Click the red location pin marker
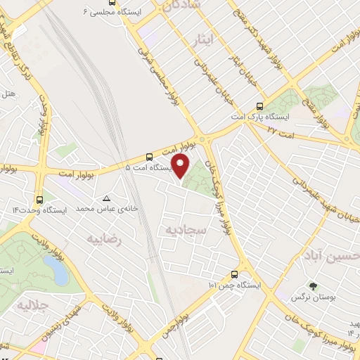(x=181, y=167)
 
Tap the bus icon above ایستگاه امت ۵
(x=148, y=157)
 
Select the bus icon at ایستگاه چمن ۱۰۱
(x=234, y=275)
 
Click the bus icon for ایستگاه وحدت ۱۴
(x=39, y=199)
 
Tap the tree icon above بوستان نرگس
(x=313, y=286)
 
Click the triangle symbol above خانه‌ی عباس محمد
(x=106, y=199)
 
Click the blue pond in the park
(x=55, y=269)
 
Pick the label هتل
(x=8, y=92)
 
